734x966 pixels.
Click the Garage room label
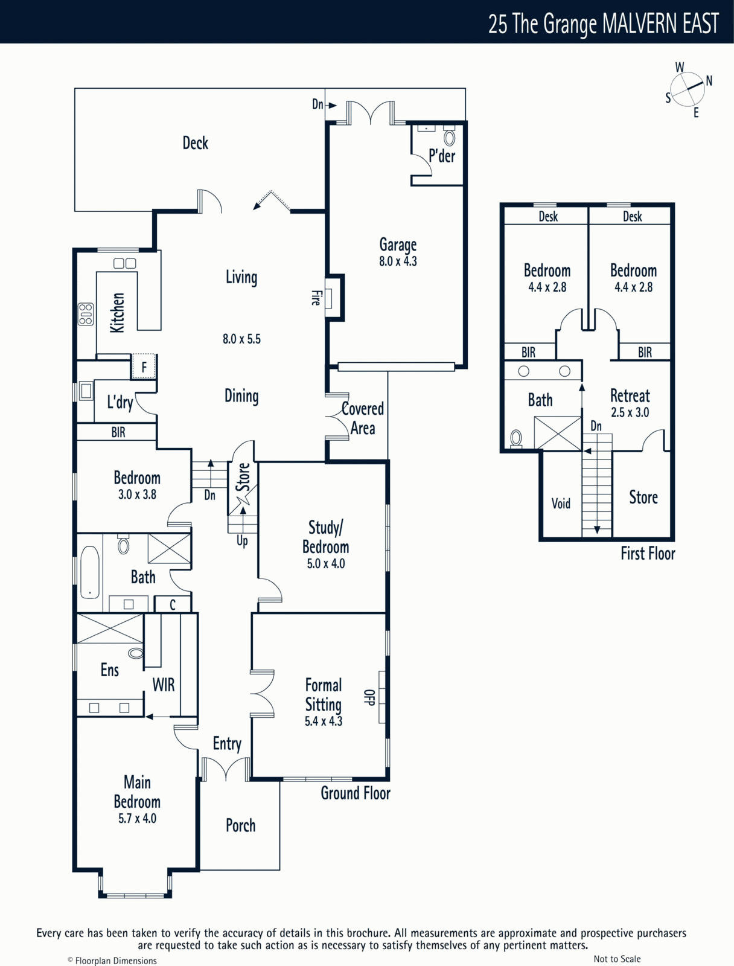pyautogui.click(x=398, y=245)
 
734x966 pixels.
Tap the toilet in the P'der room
pyautogui.click(x=449, y=136)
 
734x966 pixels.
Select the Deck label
pyautogui.click(x=195, y=143)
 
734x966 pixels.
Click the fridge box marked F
pyautogui.click(x=144, y=366)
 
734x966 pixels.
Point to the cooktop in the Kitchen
pyautogui.click(x=86, y=314)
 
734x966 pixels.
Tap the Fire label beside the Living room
pyautogui.click(x=316, y=298)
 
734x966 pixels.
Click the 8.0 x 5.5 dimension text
pyautogui.click(x=241, y=339)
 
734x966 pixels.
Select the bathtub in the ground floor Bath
pyautogui.click(x=90, y=572)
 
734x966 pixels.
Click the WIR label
pyautogui.click(x=164, y=685)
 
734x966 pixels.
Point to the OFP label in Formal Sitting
pyautogui.click(x=369, y=697)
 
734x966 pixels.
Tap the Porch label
pyautogui.click(x=241, y=825)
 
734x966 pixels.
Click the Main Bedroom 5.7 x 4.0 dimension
pyautogui.click(x=137, y=819)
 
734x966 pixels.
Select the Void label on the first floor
pyautogui.click(x=561, y=504)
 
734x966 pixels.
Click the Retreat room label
pyautogui.click(x=630, y=396)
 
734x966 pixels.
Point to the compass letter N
pyautogui.click(x=709, y=81)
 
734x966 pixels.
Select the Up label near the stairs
pyautogui.click(x=242, y=541)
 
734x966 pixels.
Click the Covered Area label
pyautogui.click(x=363, y=418)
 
